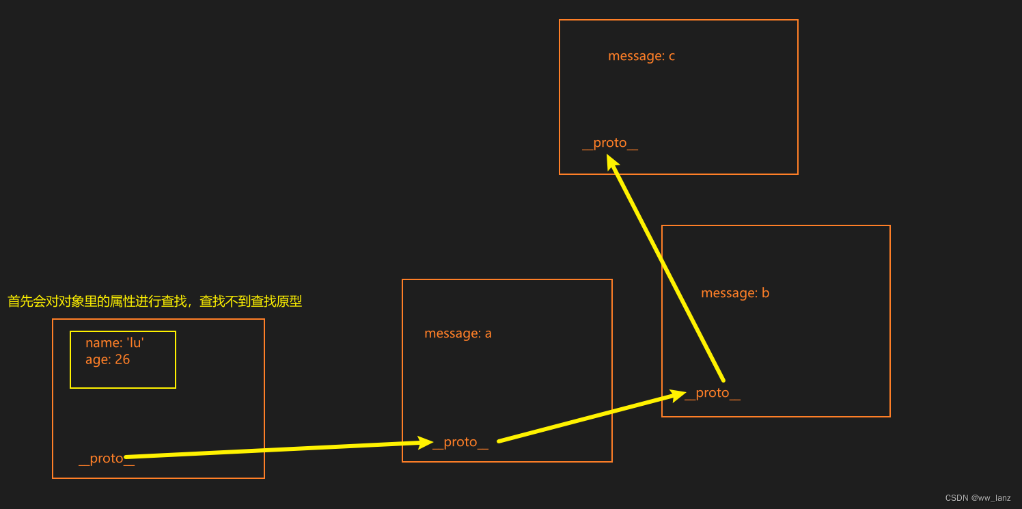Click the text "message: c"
tap(641, 56)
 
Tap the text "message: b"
tap(735, 293)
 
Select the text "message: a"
tap(458, 333)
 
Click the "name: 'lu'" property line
tap(114, 343)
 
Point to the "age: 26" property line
tap(107, 359)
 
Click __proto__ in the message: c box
tap(609, 143)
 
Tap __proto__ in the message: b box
tap(713, 393)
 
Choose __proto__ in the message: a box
tap(460, 442)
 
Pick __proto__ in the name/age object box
tap(106, 458)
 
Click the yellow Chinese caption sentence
tap(154, 301)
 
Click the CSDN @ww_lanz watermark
tap(978, 498)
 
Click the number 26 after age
tap(122, 359)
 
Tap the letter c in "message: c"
tap(672, 56)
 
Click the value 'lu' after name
tap(135, 343)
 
